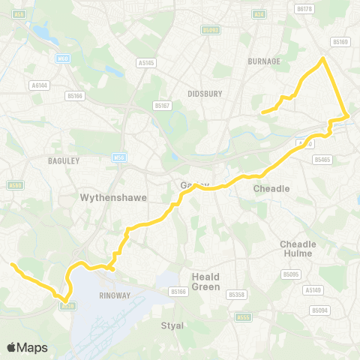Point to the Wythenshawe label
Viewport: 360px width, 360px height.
(x=112, y=198)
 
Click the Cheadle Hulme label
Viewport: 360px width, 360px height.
(x=298, y=249)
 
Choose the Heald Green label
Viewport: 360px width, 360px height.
(x=205, y=281)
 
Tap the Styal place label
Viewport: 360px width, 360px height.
(x=172, y=325)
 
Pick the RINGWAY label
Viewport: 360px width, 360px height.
(x=115, y=295)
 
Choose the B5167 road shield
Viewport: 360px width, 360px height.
(x=163, y=106)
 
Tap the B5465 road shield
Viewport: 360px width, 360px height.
(x=322, y=159)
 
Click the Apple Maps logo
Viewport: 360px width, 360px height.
(x=27, y=347)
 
